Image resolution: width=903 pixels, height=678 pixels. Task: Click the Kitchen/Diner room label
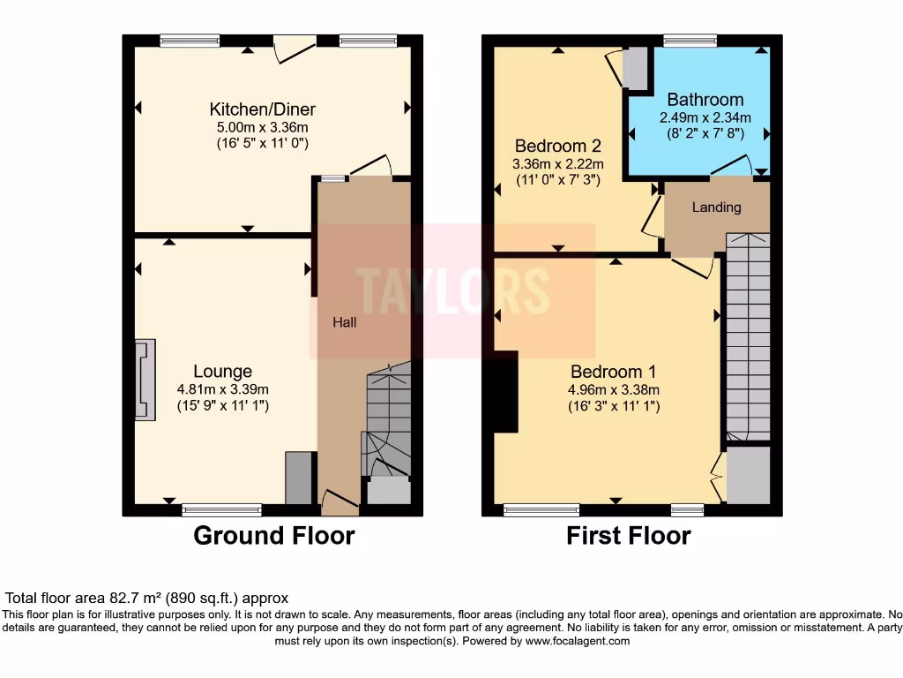[262, 109]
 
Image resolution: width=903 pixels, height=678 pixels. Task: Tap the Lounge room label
[223, 372]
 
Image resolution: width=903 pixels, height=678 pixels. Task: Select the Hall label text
[344, 323]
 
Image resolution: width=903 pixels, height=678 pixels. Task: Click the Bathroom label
[705, 100]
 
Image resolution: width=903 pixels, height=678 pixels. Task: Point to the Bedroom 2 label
[558, 146]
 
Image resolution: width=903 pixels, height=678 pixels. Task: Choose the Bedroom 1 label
[614, 371]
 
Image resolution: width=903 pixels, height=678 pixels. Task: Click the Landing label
[716, 207]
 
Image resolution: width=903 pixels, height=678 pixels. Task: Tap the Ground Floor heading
[273, 536]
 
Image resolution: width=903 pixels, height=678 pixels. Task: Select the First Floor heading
[628, 536]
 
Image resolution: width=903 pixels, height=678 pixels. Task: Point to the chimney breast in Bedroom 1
[505, 392]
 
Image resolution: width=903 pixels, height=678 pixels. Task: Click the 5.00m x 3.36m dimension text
[262, 127]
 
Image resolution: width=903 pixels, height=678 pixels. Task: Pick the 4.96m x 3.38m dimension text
[614, 389]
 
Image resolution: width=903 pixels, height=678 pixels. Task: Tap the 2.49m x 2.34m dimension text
[705, 117]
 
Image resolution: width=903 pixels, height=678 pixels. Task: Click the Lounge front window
[221, 509]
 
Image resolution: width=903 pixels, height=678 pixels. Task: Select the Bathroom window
[690, 40]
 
